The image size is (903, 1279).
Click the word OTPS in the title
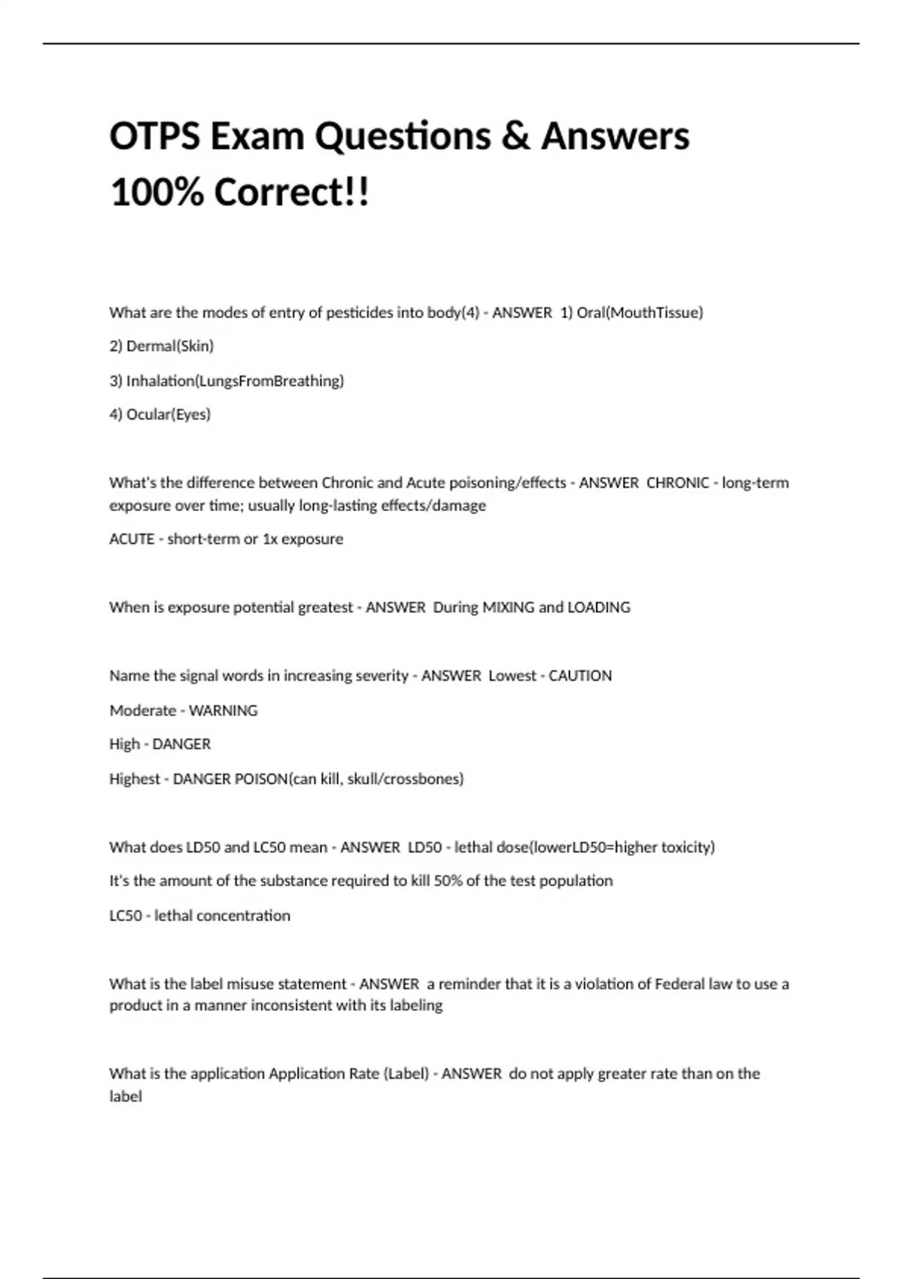pyautogui.click(x=154, y=137)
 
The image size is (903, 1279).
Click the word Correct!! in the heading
pyautogui.click(x=292, y=193)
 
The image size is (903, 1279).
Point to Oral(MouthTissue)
pyautogui.click(x=640, y=312)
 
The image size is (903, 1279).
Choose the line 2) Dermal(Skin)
pyautogui.click(x=161, y=346)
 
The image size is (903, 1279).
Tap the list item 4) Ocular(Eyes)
pyautogui.click(x=160, y=415)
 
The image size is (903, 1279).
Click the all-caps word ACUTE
pyautogui.click(x=132, y=539)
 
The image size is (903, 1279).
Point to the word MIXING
pyautogui.click(x=508, y=607)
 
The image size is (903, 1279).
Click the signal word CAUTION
pyautogui.click(x=579, y=676)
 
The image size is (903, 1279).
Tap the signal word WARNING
pyautogui.click(x=223, y=710)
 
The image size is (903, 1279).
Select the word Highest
pyautogui.click(x=135, y=779)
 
